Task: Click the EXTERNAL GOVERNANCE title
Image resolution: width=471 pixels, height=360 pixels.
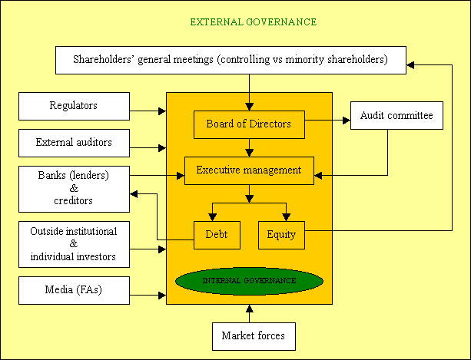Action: tap(254, 22)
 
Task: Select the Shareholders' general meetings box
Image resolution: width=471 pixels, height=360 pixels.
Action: tap(231, 60)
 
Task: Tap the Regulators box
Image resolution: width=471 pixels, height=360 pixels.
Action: tap(75, 106)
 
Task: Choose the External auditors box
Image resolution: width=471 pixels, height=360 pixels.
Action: tap(75, 143)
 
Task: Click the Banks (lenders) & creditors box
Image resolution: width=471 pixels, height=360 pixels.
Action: tap(75, 189)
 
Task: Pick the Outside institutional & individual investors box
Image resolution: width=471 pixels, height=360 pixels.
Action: tap(75, 245)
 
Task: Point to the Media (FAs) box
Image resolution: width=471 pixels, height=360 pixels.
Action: tap(75, 290)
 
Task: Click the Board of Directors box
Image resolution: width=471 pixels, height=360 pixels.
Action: tap(249, 125)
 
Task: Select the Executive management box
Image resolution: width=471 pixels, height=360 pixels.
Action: tap(249, 170)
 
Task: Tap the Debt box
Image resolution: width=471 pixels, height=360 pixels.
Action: tap(217, 235)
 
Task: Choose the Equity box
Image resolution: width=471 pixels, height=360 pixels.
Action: tap(281, 235)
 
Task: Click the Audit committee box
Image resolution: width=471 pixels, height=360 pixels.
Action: tap(396, 115)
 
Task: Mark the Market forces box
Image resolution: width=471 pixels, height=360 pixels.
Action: tap(254, 337)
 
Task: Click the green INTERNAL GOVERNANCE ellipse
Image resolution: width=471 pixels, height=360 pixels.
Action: tap(249, 281)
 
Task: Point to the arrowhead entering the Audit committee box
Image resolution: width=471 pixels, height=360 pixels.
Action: tap(347, 121)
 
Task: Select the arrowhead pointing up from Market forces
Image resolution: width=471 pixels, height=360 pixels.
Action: tap(249, 309)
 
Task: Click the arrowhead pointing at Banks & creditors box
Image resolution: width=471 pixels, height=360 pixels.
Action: tap(134, 194)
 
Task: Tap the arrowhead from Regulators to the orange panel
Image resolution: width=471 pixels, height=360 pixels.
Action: tap(162, 111)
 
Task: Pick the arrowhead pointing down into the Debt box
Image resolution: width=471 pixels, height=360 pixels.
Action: tap(212, 217)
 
